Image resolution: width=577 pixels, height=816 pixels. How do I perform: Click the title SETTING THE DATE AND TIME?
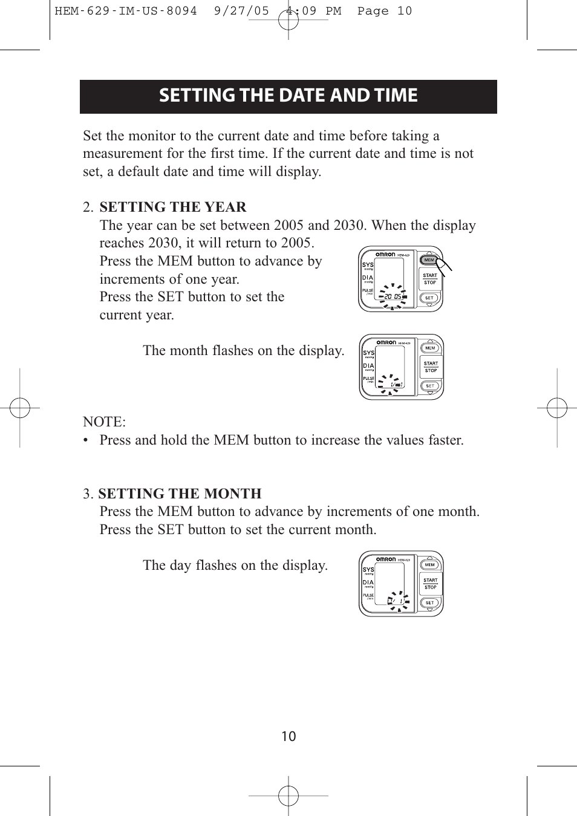(x=288, y=96)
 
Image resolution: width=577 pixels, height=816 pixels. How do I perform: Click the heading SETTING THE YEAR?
(x=173, y=207)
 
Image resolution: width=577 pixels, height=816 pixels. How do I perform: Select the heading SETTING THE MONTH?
(x=180, y=494)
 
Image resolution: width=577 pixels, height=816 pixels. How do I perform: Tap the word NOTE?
(x=104, y=422)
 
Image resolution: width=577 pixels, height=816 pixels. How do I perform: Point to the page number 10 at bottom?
(x=288, y=736)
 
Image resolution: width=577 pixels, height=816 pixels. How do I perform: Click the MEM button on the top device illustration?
(x=429, y=260)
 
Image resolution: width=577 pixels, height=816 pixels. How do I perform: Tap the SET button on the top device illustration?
(x=429, y=298)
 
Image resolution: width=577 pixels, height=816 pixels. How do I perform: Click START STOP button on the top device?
(x=430, y=279)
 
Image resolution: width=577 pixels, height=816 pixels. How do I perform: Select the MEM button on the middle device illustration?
(x=430, y=348)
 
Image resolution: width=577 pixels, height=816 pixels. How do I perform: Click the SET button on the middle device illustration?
(x=430, y=386)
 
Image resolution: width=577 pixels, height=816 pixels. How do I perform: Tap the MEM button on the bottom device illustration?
(x=429, y=565)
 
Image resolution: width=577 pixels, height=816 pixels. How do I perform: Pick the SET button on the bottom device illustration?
(x=429, y=602)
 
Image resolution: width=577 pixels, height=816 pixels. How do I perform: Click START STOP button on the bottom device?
(x=430, y=584)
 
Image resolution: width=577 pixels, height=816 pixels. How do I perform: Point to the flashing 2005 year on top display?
(x=393, y=296)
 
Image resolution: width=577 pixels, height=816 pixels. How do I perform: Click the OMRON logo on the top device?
(x=385, y=255)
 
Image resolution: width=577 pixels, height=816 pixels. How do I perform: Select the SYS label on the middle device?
(x=368, y=353)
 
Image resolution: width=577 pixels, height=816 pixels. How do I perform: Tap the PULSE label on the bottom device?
(x=368, y=595)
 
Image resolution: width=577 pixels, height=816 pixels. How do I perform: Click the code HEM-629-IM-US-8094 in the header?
(x=126, y=11)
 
